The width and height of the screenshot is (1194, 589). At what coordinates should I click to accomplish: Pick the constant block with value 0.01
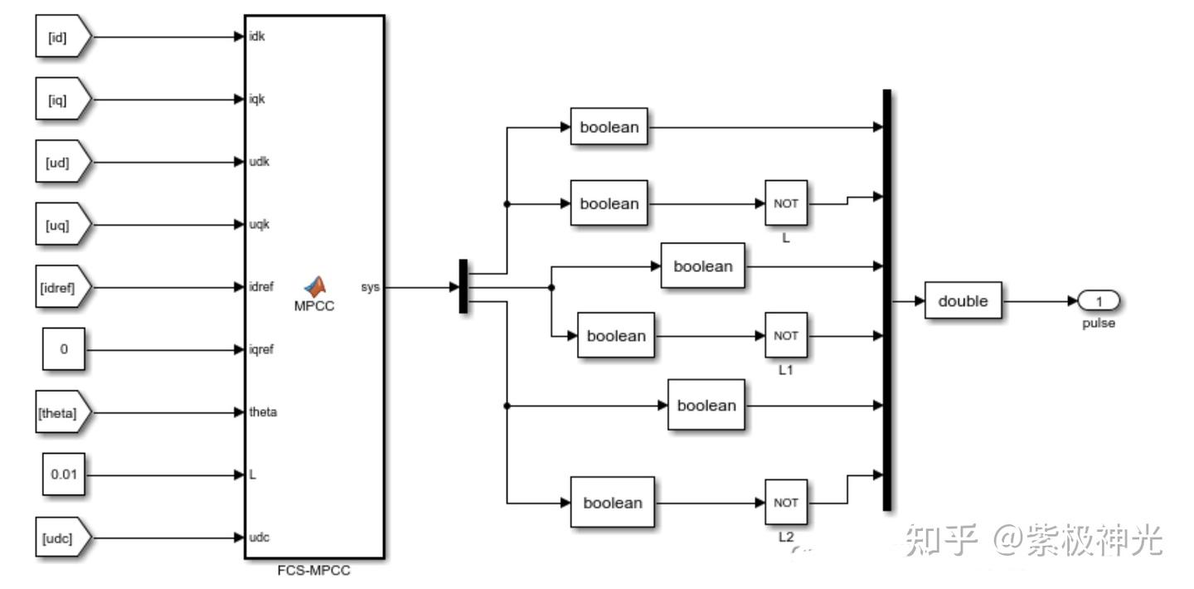[64, 475]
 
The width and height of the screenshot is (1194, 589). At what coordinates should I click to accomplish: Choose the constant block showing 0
[64, 349]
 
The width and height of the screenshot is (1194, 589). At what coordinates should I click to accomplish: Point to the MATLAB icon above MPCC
[314, 286]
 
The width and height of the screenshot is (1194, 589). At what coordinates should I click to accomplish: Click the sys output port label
[371, 287]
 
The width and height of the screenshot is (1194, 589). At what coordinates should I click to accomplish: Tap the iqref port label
[262, 349]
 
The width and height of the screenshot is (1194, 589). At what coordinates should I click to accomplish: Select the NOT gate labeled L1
[785, 336]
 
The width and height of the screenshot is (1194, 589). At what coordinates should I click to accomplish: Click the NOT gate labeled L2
[785, 503]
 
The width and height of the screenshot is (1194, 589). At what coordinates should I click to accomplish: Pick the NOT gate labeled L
[785, 203]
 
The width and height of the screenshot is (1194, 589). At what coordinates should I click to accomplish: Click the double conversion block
[963, 301]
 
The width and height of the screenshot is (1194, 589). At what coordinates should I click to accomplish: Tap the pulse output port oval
[1099, 301]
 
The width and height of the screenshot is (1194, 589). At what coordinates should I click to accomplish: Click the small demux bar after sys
[464, 287]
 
